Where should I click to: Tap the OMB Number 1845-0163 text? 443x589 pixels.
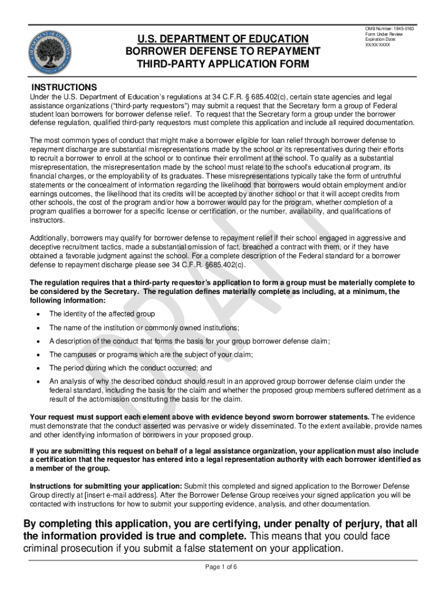(x=389, y=29)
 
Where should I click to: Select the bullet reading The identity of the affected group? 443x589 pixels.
(x=102, y=314)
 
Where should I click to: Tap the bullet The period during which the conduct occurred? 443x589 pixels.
(x=131, y=368)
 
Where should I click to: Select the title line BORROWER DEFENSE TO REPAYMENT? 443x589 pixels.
(x=222, y=51)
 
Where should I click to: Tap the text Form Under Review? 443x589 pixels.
(x=384, y=34)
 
